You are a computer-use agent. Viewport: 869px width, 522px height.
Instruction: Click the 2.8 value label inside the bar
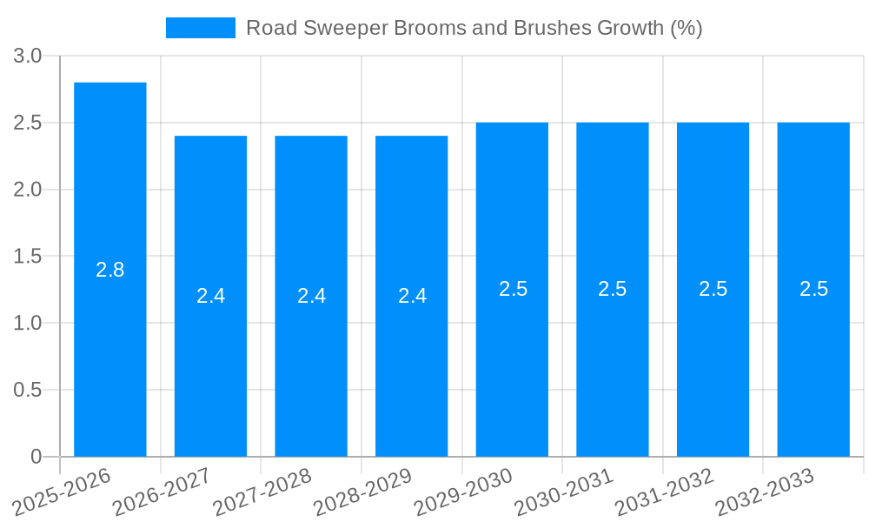coord(110,270)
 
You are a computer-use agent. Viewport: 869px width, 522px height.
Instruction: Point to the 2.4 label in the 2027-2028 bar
coord(311,296)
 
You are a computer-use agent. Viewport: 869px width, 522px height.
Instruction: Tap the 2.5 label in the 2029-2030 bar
coord(513,289)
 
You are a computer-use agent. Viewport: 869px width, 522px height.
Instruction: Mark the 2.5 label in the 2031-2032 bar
coord(713,289)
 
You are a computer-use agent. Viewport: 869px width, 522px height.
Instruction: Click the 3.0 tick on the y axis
coord(28,57)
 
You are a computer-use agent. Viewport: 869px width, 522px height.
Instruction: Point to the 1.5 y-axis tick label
coord(28,257)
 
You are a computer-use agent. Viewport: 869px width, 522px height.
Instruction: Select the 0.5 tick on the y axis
coord(28,390)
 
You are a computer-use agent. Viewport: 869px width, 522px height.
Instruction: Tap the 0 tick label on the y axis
coord(36,457)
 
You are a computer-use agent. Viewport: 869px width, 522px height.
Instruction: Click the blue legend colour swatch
coord(201,28)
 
